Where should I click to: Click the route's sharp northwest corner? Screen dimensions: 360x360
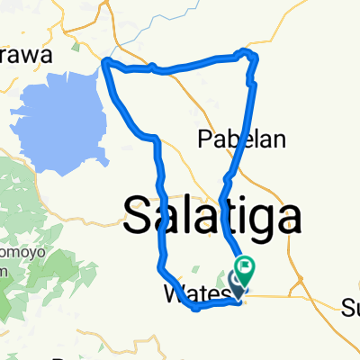tap(106, 63)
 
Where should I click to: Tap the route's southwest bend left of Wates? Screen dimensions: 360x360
tap(160, 268)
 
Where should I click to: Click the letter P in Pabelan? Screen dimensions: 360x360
tap(203, 139)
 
